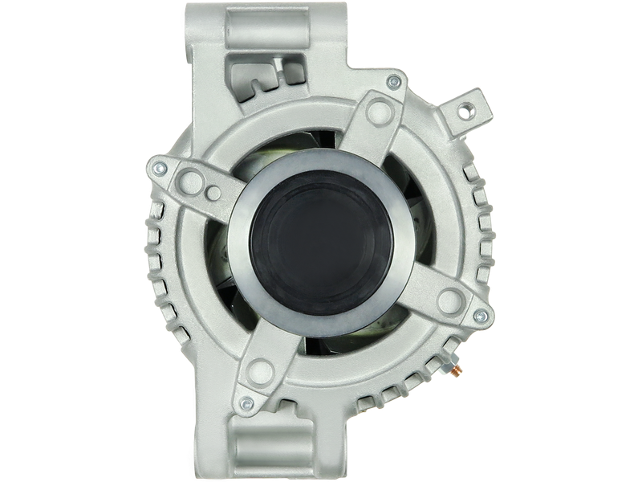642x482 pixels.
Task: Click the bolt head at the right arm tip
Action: click(x=480, y=314)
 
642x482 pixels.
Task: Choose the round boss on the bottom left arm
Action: click(x=258, y=370)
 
